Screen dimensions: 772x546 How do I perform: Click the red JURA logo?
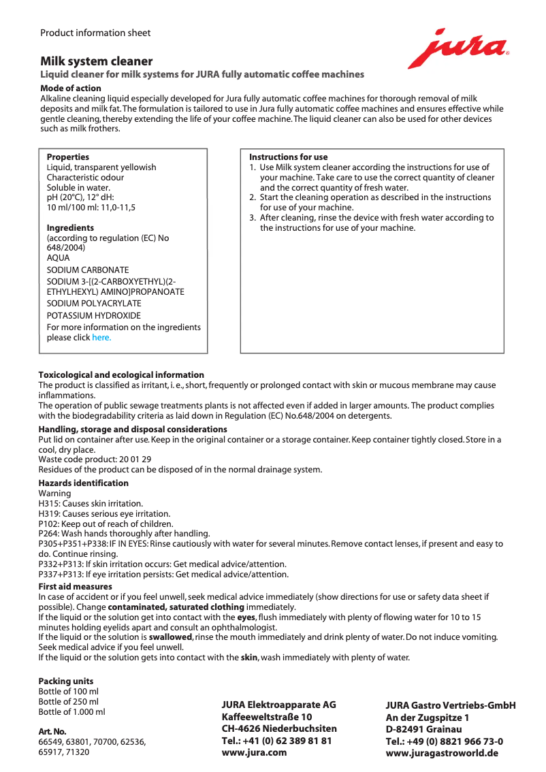pos(458,48)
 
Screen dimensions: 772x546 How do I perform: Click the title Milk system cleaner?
pos(96,61)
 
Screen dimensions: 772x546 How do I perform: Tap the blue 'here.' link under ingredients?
pos(101,338)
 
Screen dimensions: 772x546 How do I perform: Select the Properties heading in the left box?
pos(67,157)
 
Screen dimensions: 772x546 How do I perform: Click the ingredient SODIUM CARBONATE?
pos(87,270)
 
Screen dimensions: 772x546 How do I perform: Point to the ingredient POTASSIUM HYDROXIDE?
pos(93,316)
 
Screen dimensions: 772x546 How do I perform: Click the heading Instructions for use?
pos(288,157)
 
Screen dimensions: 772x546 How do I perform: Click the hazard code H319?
pos(49,514)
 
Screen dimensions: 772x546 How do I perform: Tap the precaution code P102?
pos(49,524)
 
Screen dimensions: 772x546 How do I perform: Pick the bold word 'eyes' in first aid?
pos(246,617)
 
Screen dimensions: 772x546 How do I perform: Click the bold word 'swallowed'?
pos(171,637)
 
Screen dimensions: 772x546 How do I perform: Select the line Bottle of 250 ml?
pos(68,701)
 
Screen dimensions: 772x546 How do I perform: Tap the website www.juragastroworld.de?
pos(442,753)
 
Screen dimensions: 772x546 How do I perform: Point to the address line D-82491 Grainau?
pos(423,729)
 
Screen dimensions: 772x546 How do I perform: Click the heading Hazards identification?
pos(83,483)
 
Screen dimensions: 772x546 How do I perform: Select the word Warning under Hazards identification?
pos(54,493)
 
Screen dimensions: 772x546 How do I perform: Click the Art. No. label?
pos(52,731)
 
